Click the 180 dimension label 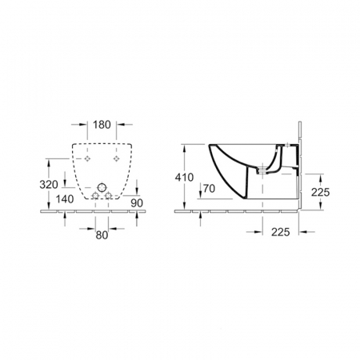pos(102,125)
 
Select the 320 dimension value pos(49,185)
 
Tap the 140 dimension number pos(65,199)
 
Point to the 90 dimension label pos(137,203)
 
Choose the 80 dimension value pos(102,235)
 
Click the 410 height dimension pos(184,178)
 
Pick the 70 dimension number pos(209,189)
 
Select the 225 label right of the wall pos(321,192)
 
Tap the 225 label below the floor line pos(281,232)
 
